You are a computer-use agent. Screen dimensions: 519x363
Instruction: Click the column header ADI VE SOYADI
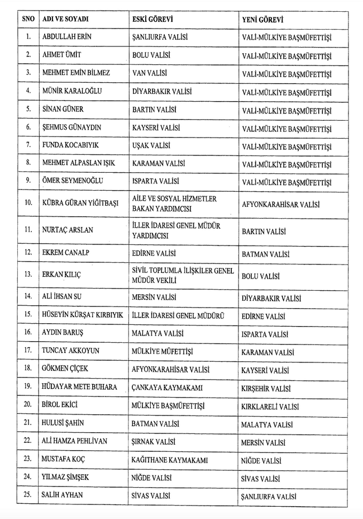click(x=65, y=19)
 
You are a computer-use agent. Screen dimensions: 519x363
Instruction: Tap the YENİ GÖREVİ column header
click(x=262, y=20)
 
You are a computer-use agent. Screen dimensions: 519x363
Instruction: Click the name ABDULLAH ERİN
click(x=67, y=37)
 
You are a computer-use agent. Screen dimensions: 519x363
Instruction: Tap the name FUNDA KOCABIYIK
click(x=70, y=145)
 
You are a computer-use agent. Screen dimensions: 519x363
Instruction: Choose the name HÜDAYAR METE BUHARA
click(x=79, y=386)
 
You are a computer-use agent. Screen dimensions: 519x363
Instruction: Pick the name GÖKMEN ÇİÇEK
click(x=65, y=369)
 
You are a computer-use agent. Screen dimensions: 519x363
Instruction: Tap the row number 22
click(x=28, y=441)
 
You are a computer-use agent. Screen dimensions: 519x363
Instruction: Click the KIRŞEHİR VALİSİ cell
click(x=268, y=388)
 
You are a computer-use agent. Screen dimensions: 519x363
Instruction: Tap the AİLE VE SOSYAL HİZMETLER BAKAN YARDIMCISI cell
click(x=174, y=204)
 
